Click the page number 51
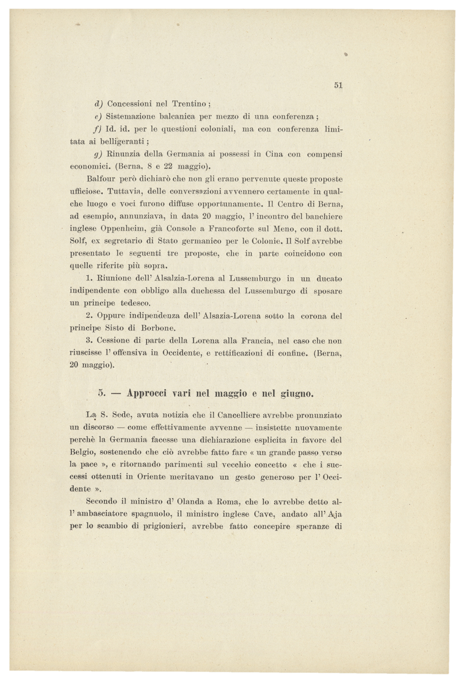pyautogui.click(x=339, y=85)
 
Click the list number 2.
pyautogui.click(x=89, y=316)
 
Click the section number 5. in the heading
pyautogui.click(x=102, y=394)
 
